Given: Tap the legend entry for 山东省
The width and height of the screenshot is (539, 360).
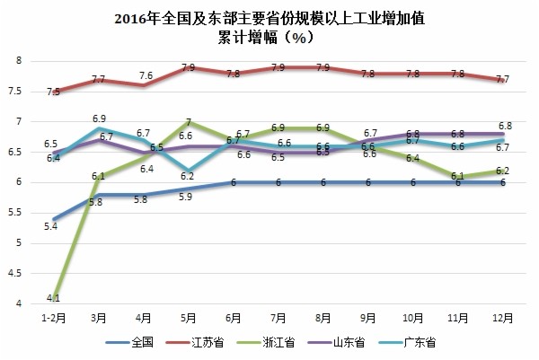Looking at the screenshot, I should [x=377, y=342].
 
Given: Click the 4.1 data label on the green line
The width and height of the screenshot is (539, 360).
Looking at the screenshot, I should [x=53, y=297].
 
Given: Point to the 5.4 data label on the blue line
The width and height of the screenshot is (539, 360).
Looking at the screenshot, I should [x=50, y=226].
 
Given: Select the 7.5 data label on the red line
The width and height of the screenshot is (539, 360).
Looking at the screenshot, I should [x=53, y=92].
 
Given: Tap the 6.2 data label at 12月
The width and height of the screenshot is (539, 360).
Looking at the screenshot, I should [x=503, y=171].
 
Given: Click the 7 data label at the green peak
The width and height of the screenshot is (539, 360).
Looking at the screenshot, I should [x=189, y=122].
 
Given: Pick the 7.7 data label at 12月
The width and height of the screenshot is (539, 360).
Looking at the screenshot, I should [x=503, y=80].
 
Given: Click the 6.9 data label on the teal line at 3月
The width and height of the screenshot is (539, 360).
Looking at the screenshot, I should [x=100, y=119].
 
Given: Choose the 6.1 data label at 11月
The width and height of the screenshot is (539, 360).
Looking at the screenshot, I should [x=457, y=177].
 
